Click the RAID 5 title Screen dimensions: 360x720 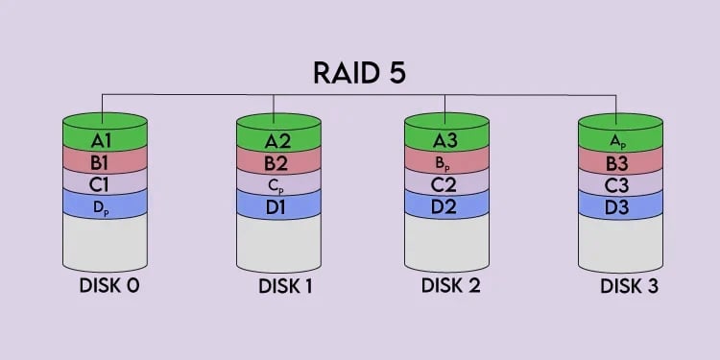pos(360,73)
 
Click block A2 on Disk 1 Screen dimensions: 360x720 pos(276,140)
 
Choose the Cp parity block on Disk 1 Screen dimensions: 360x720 pos(276,181)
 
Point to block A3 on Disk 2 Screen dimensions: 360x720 pos(446,140)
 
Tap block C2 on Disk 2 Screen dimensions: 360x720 pos(446,181)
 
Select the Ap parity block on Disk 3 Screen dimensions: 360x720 pos(620,140)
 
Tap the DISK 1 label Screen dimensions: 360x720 pos(284,286)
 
